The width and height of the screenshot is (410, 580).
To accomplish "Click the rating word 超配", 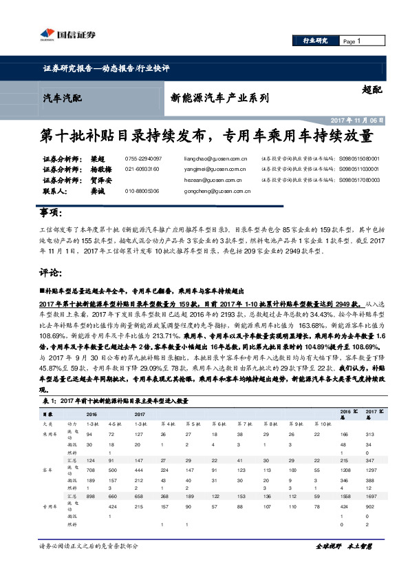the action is click(x=371, y=90).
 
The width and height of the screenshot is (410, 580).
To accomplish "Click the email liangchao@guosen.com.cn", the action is click(x=215, y=158).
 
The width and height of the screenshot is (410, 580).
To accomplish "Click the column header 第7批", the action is click(x=239, y=424).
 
